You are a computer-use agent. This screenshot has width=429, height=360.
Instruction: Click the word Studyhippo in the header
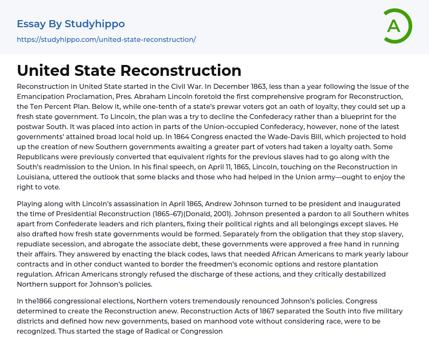click(x=95, y=24)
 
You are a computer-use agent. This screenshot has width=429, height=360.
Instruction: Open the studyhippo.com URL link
click(x=106, y=40)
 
